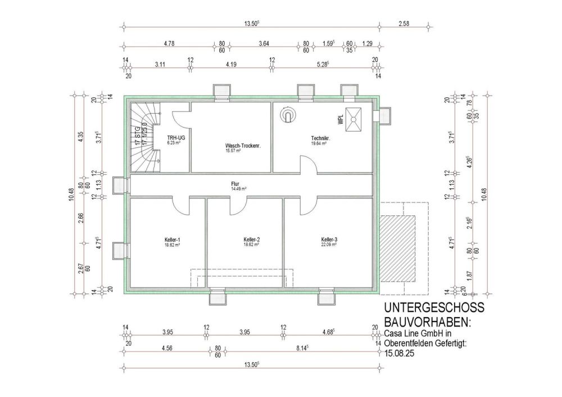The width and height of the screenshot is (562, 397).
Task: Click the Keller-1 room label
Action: [x=173, y=240]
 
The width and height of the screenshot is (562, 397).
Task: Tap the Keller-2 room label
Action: [x=251, y=240]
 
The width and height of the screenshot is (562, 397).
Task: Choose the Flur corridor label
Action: [x=235, y=183]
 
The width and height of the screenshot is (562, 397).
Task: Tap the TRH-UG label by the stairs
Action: [x=173, y=138]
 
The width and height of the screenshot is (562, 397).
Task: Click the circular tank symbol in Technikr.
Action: [x=288, y=115]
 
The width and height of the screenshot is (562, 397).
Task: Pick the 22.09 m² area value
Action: [x=329, y=245]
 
